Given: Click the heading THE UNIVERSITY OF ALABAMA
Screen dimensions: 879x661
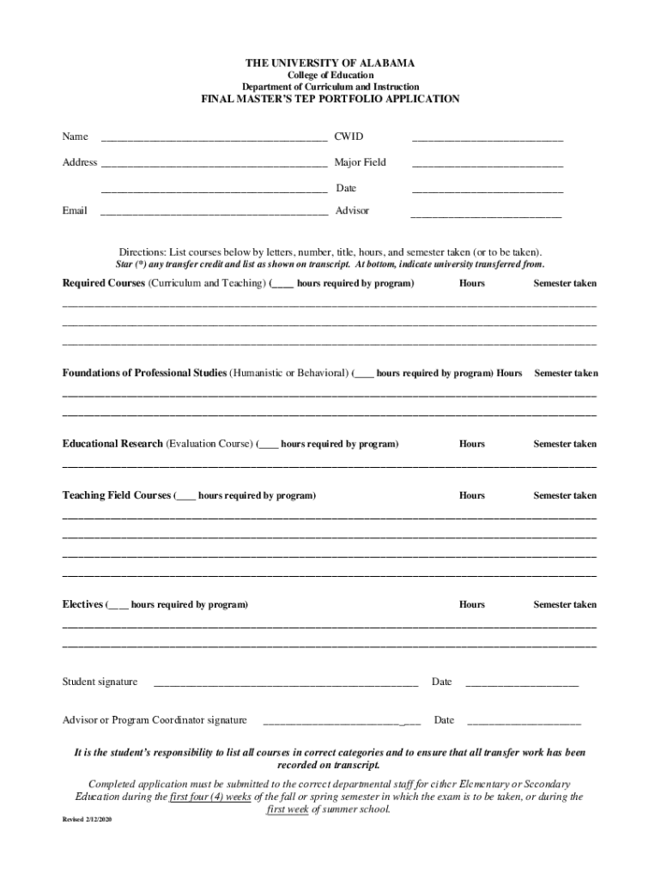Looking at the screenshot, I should click(330, 64).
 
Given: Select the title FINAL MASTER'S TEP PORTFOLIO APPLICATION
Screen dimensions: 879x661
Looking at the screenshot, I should click(330, 100).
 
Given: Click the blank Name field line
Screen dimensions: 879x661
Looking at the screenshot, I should click(214, 138).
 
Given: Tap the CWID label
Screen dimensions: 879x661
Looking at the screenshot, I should click(349, 136).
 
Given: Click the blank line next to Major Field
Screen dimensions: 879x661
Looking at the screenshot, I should click(487, 164).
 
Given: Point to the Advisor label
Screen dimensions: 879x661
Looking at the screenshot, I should click(352, 210).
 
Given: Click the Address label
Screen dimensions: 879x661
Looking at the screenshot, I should click(79, 162).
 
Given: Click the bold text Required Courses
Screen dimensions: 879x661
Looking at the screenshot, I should click(103, 283).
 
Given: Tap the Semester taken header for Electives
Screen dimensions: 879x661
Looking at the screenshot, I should click(564, 605).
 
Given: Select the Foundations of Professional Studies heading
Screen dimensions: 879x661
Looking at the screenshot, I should click(144, 373).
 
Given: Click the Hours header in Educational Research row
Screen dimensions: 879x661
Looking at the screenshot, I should click(471, 445).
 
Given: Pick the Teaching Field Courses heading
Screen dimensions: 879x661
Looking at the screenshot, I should click(117, 496).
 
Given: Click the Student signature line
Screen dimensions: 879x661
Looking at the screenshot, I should click(285, 684).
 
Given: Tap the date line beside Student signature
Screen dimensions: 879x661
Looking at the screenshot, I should click(521, 684).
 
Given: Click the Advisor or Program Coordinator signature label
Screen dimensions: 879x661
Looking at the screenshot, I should click(155, 720).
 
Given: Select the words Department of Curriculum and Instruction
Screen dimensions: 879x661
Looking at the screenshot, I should click(330, 87).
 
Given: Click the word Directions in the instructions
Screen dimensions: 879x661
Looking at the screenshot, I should click(143, 253).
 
